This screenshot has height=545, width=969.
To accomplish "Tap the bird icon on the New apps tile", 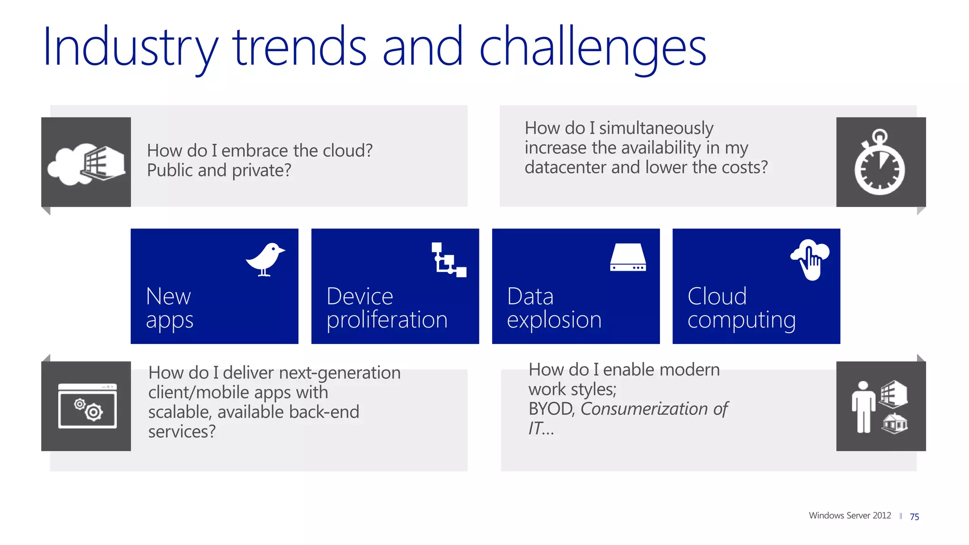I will (x=265, y=259).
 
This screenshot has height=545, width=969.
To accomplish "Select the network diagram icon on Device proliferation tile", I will (x=449, y=260).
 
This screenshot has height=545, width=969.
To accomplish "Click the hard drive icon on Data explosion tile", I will (x=628, y=258).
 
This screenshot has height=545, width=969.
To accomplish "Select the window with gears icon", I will (x=88, y=406).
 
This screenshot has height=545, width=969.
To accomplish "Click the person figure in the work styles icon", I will (x=863, y=407).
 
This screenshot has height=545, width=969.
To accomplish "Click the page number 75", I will (x=914, y=517).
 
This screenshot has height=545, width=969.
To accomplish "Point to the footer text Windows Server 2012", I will (x=850, y=516).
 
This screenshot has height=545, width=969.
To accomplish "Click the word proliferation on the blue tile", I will (x=387, y=320).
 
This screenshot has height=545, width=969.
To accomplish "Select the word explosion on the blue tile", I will (x=554, y=320).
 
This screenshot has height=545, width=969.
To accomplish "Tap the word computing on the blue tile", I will (x=741, y=320).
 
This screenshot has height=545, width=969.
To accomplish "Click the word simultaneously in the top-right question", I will (x=656, y=128).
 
